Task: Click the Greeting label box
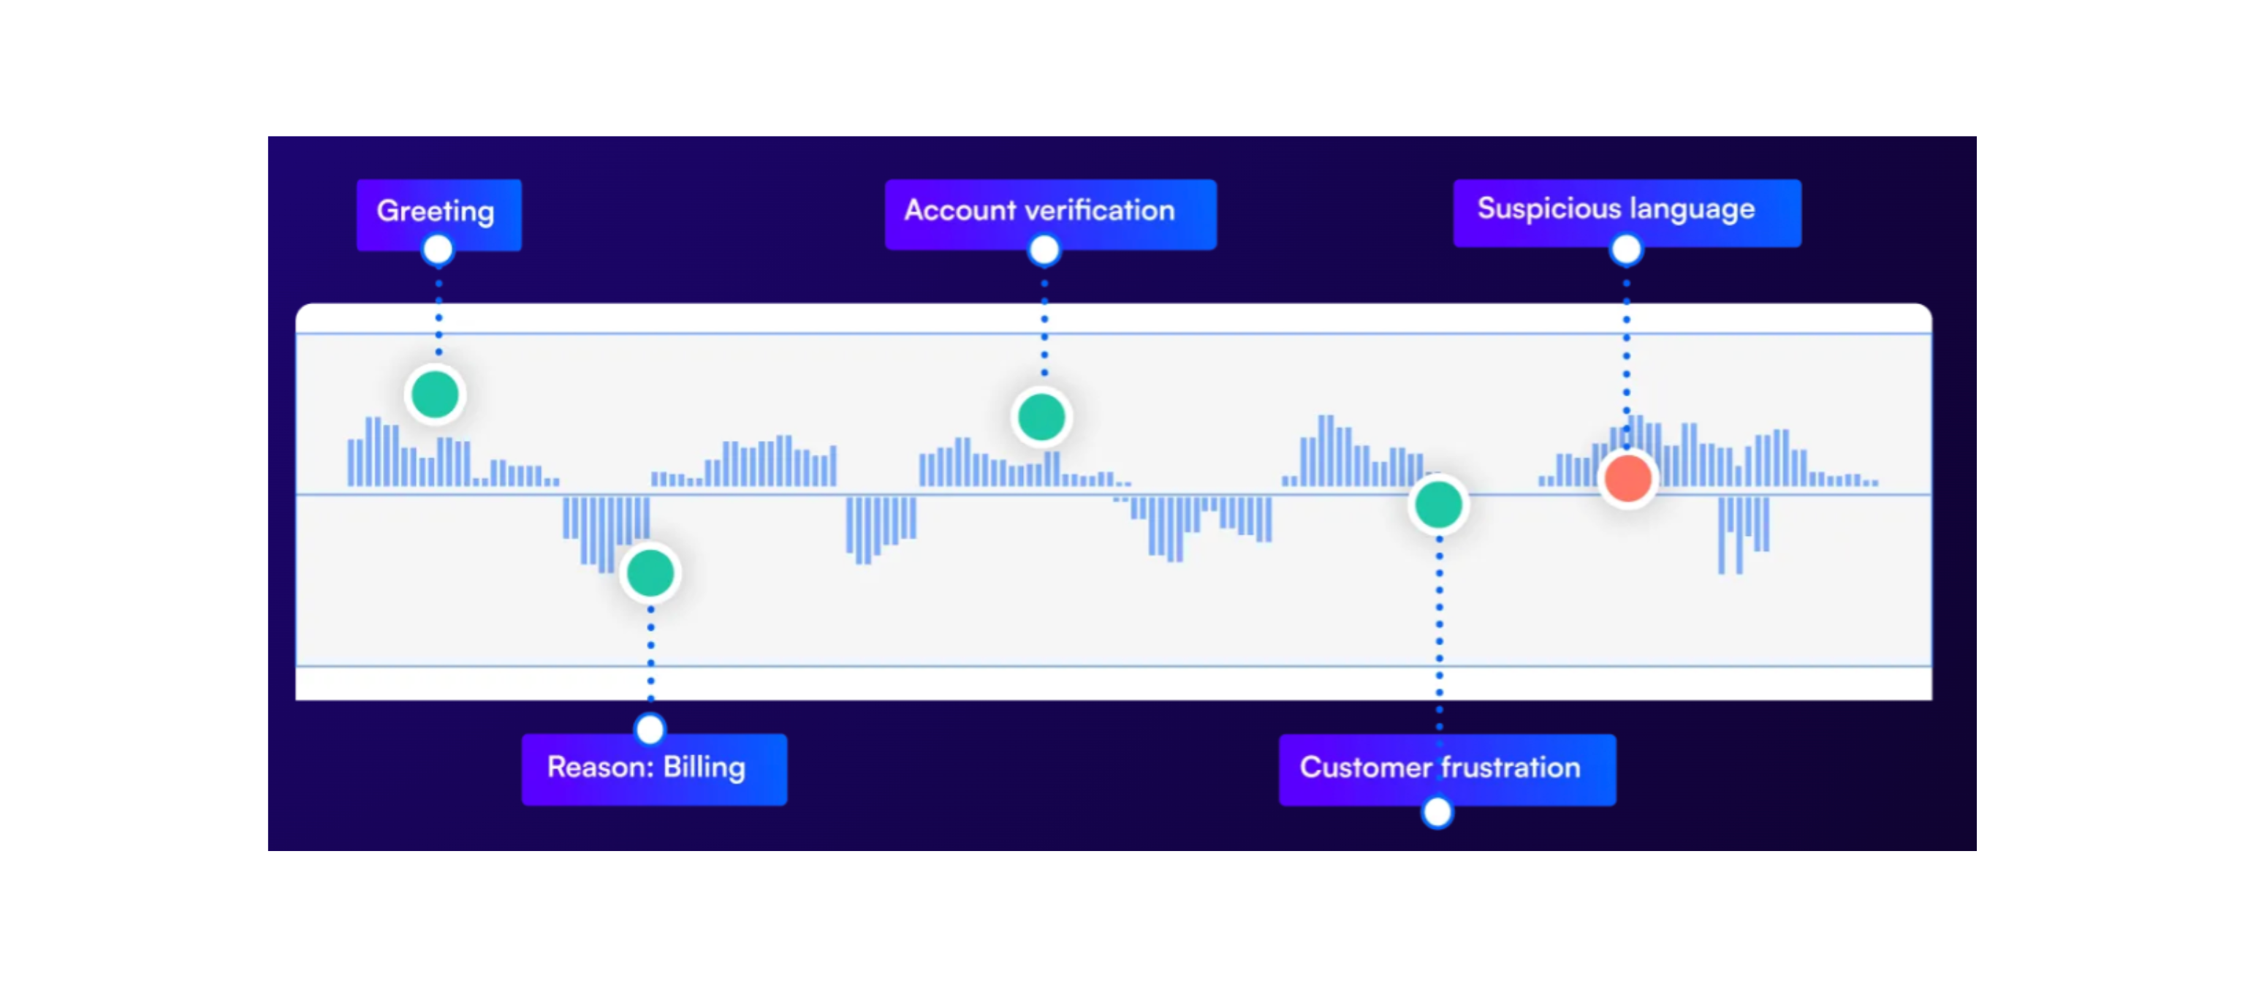pos(438,212)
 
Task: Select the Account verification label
pos(1049,212)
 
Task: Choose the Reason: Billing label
pos(653,768)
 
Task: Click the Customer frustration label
pos(1447,768)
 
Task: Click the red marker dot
pos(1627,479)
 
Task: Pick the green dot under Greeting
pos(435,395)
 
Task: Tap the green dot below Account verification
pos(1041,417)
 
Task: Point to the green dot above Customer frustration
pos(1438,504)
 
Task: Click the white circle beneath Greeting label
pos(438,251)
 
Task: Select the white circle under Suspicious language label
pos(1626,251)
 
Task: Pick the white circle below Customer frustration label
pos(1437,812)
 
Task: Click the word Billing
pos(704,768)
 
